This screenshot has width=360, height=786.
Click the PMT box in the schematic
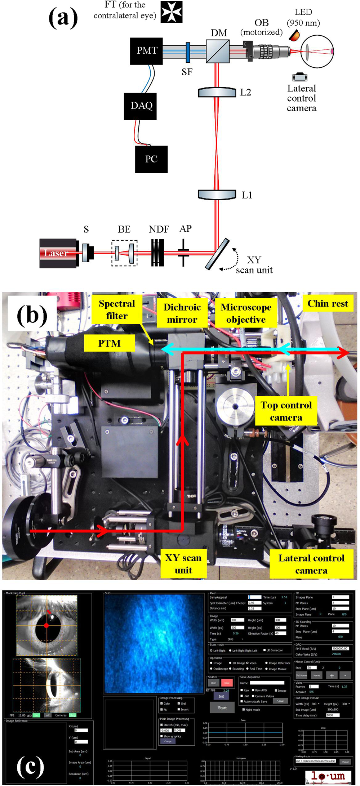[146, 51]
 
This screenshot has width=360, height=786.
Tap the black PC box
[151, 159]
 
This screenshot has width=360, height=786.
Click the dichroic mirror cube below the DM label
[218, 51]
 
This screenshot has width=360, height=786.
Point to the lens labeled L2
[217, 92]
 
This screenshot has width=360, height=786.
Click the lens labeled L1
[217, 195]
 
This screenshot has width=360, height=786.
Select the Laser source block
[58, 253]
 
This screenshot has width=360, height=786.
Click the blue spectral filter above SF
[188, 52]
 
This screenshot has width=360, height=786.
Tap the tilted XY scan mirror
[217, 254]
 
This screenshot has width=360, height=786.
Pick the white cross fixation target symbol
[172, 12]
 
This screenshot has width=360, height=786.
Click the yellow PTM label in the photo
[110, 343]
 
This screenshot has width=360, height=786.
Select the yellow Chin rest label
[328, 304]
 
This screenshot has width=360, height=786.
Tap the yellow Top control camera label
[286, 411]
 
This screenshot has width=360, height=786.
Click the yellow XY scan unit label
[183, 564]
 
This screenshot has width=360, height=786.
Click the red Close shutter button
[227, 683]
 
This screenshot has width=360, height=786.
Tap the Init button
[221, 696]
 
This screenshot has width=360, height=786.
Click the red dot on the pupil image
[46, 625]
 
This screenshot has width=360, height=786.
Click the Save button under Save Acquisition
[280, 701]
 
